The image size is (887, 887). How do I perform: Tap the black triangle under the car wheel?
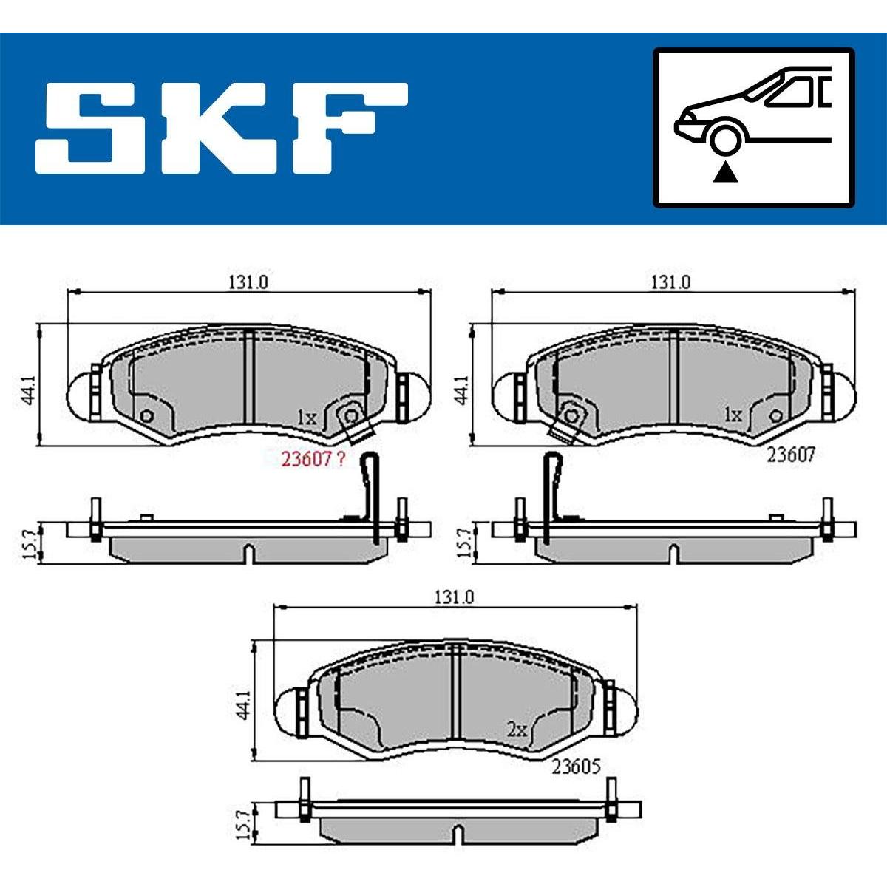725,174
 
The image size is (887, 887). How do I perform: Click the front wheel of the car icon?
725,138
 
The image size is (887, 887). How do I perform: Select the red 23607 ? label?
313,459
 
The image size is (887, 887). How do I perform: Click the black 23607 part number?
790,456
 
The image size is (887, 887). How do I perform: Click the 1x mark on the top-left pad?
307,418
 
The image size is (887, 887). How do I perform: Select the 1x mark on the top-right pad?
733,415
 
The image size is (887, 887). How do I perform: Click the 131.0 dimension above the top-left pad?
248,282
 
